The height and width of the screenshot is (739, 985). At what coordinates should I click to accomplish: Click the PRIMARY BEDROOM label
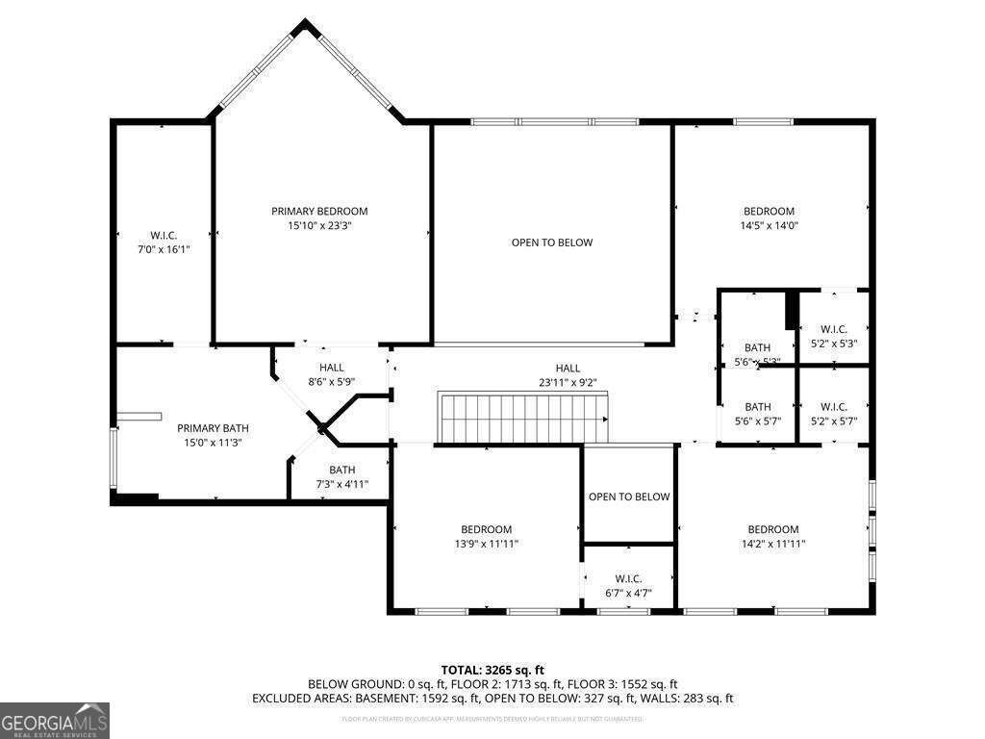coord(319,211)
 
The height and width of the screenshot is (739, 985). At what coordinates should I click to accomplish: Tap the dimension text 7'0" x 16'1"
coord(164,249)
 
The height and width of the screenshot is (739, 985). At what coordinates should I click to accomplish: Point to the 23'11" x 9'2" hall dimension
coord(568,382)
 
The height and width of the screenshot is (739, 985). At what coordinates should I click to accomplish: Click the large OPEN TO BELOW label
coord(551,242)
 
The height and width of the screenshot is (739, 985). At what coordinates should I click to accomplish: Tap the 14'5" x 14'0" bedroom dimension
coord(769,225)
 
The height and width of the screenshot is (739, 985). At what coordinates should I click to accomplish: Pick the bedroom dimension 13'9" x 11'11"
coord(486,544)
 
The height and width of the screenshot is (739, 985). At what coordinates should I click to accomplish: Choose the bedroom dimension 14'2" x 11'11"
coord(773,544)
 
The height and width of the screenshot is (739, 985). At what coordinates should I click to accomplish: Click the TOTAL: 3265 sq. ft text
coord(492,670)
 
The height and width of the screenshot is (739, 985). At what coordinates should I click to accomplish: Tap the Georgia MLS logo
coord(55,721)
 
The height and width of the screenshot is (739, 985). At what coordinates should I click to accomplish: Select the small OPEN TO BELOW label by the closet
coord(629,497)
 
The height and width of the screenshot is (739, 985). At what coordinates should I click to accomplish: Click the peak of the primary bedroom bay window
coord(305,25)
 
